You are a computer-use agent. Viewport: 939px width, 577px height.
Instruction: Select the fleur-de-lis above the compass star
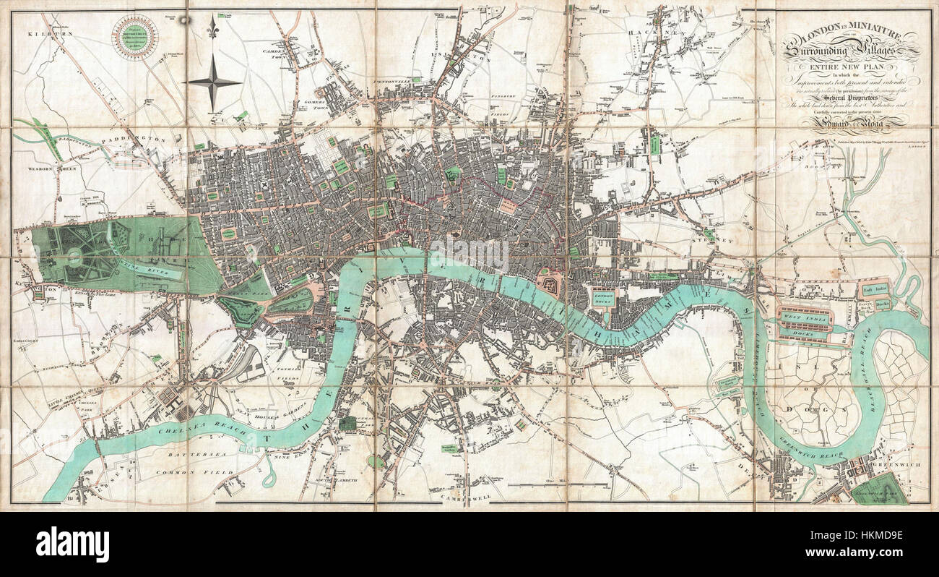tap(212, 28)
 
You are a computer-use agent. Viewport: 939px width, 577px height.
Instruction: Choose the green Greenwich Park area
tap(886, 490)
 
